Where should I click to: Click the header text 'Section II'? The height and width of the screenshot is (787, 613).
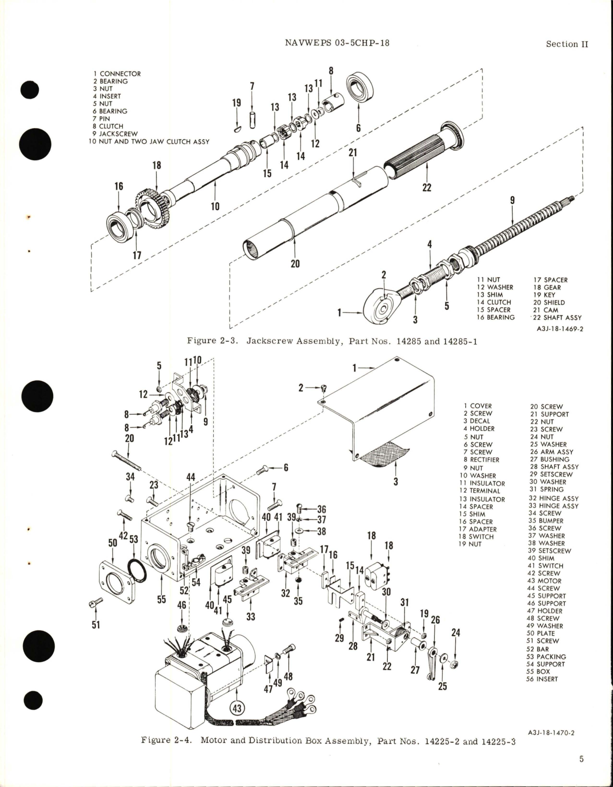tap(567, 44)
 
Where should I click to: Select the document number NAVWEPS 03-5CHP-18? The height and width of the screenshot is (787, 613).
tap(337, 43)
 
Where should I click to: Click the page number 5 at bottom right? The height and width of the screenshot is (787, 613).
tap(581, 773)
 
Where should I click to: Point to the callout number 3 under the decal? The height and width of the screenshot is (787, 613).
tap(396, 482)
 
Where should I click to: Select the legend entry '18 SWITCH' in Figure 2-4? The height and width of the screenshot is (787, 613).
tap(476, 536)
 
